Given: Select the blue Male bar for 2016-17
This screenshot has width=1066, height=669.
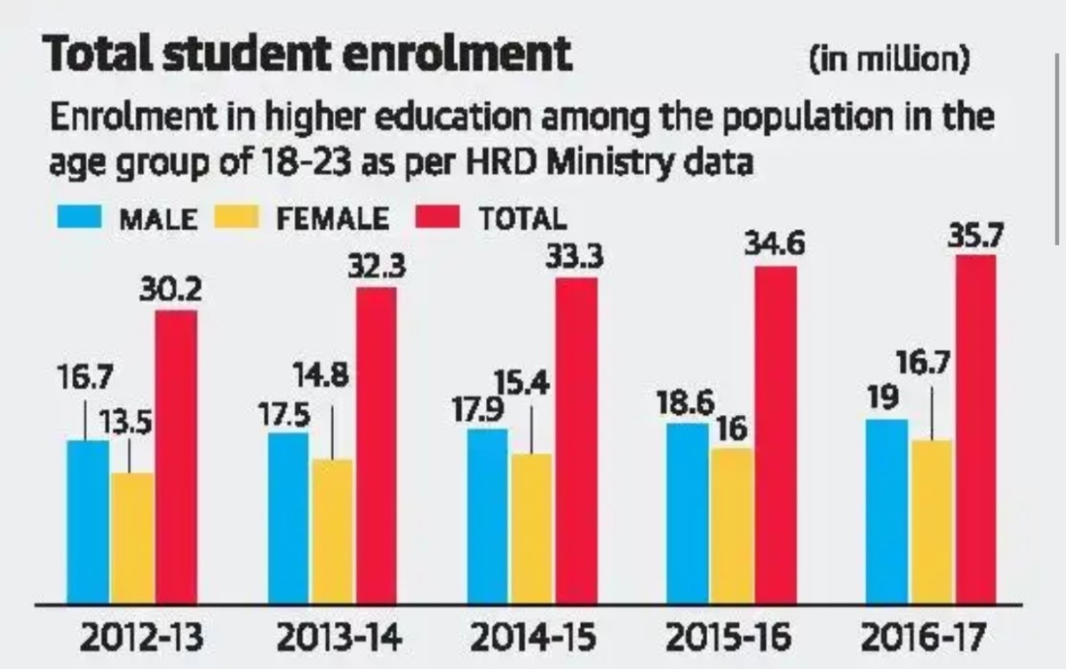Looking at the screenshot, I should point(887,511).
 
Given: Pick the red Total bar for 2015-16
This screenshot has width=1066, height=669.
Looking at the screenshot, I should point(776,434).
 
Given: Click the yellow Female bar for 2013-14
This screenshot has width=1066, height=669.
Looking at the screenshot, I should point(332,531).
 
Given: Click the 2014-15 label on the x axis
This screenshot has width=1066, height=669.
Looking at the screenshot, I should point(532,638).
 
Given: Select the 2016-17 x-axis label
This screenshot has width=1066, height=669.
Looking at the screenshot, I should point(928,638).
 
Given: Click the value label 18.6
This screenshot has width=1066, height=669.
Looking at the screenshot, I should point(686,403).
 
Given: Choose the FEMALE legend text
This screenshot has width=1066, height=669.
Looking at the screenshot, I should point(331,219).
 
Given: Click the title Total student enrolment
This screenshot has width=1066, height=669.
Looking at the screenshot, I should point(307,55).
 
